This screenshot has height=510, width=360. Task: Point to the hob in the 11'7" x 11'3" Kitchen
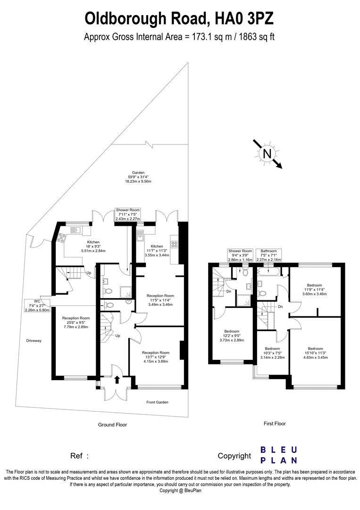[174, 244]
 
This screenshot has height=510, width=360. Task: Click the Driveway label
[33, 340]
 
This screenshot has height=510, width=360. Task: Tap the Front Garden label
[157, 402]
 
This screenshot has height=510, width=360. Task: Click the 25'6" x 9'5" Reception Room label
[76, 322]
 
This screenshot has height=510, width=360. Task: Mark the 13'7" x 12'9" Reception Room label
[156, 357]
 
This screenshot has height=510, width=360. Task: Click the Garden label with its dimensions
[138, 177]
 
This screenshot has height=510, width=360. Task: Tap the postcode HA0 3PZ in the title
[244, 18]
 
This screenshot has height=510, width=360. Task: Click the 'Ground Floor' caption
[112, 425]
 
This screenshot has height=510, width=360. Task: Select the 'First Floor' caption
[275, 424]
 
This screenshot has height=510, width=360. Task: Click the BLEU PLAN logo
[279, 455]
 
